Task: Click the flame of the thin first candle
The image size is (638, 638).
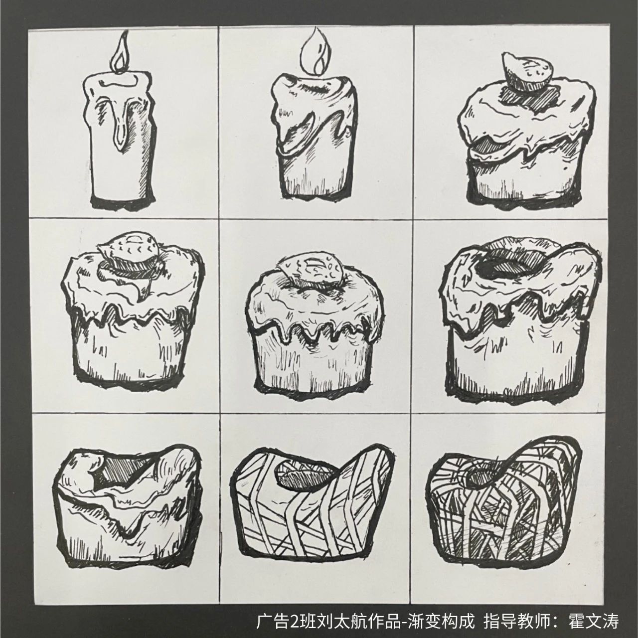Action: [x=120, y=54]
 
